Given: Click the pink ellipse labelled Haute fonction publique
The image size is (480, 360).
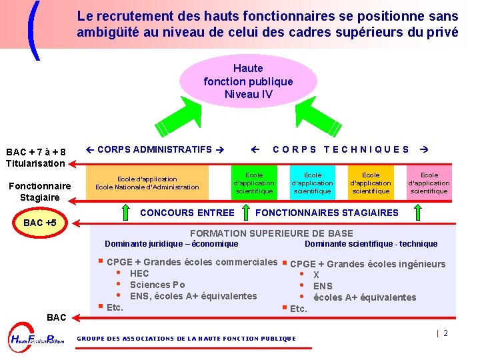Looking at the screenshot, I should click(248, 81).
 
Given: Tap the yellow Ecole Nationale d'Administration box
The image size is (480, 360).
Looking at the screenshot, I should click(147, 183).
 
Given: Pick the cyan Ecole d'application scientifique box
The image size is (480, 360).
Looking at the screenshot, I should click(312, 183).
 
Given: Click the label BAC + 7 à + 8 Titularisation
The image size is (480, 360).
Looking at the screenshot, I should click(35, 157).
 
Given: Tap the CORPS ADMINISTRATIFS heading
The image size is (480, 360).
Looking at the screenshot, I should click(155, 149).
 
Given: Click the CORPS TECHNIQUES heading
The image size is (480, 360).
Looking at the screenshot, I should click(341, 149).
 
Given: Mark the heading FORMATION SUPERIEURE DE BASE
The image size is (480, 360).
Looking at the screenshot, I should click(271, 233).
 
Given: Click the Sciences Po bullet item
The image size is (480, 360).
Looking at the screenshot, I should click(157, 285).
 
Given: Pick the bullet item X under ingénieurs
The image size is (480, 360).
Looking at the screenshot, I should click(316, 275).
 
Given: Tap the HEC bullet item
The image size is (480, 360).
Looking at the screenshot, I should click(139, 273).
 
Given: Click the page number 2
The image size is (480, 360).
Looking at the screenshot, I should click(445, 333).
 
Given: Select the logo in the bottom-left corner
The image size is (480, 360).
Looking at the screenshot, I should click(37, 339).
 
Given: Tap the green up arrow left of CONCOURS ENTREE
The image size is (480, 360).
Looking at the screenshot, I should click(127, 213).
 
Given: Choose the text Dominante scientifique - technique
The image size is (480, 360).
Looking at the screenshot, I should click(371, 244).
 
